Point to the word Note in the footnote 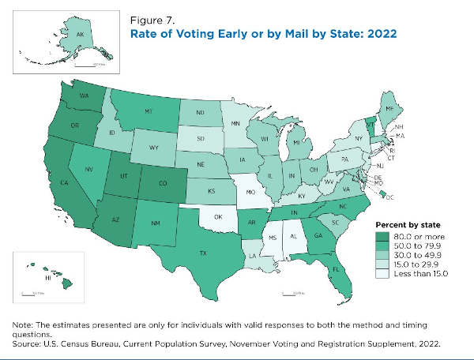pos(21,325)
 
